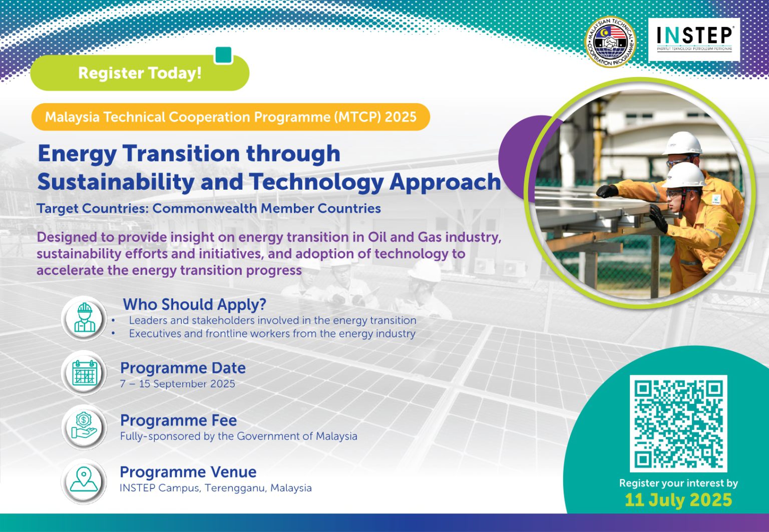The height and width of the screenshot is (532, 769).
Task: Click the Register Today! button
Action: point(139,73)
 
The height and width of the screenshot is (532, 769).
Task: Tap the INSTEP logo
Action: point(694,40)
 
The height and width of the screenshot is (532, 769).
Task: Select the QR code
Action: point(678,423)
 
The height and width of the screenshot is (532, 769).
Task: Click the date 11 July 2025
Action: point(678,499)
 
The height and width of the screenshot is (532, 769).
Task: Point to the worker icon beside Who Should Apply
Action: point(84,318)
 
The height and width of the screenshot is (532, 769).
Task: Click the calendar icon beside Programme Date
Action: point(84,373)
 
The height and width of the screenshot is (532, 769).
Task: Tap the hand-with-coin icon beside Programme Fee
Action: point(84,427)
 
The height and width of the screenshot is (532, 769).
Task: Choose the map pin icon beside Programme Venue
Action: point(84,480)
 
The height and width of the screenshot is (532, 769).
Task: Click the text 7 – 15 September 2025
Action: point(177,384)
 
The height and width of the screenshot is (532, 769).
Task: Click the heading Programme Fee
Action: point(178,420)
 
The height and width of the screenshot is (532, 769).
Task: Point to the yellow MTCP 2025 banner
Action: point(230,117)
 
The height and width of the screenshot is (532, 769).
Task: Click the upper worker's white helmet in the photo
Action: point(683,143)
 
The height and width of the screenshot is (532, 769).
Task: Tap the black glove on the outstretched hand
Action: point(607,191)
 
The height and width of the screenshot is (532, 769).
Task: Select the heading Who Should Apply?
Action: point(194,304)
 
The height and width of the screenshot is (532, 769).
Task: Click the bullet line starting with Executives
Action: point(272,333)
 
